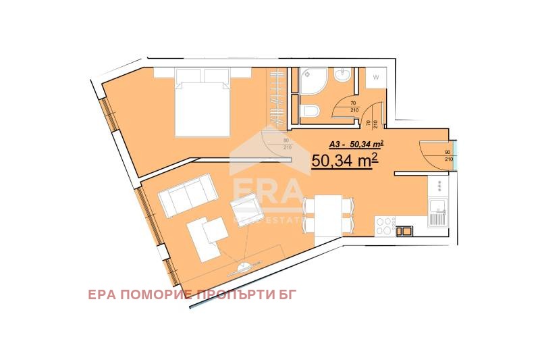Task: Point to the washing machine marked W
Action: click(375, 78)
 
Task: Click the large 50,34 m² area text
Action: click(344, 160)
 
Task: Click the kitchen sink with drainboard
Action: click(437, 212)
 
